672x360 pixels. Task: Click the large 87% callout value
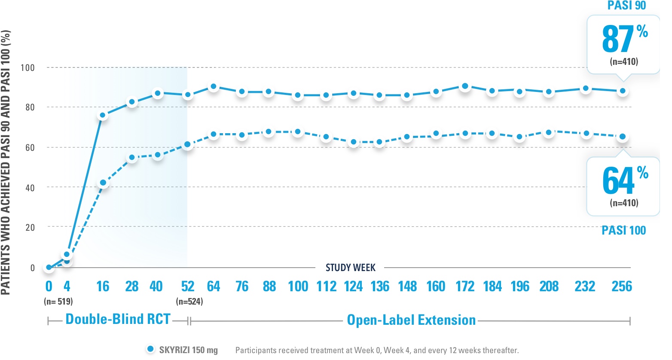[x=619, y=39]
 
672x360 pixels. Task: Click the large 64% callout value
[x=619, y=181]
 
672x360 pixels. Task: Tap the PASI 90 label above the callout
[x=626, y=6]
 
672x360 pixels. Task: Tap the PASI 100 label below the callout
[x=623, y=231]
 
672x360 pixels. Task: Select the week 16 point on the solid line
[x=103, y=116]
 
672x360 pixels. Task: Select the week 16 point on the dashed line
[x=103, y=183]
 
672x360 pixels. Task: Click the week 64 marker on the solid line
[x=214, y=87]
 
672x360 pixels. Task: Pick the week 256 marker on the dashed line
[x=622, y=137]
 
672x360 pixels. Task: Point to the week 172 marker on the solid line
[x=465, y=86]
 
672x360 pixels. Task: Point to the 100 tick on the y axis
[x=27, y=68]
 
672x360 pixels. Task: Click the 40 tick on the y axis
[x=30, y=188]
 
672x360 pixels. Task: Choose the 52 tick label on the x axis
[x=188, y=287]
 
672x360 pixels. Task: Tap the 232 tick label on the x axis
[x=585, y=287]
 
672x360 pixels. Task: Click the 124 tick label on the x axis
[x=353, y=287]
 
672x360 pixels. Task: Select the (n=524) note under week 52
[x=189, y=302]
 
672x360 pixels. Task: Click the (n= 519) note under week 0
[x=58, y=302]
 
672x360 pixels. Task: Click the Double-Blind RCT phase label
[x=118, y=319]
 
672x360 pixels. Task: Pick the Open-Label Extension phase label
[x=411, y=320]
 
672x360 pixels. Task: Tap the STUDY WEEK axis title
[x=351, y=268]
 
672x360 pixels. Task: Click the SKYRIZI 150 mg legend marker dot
[x=150, y=349]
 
